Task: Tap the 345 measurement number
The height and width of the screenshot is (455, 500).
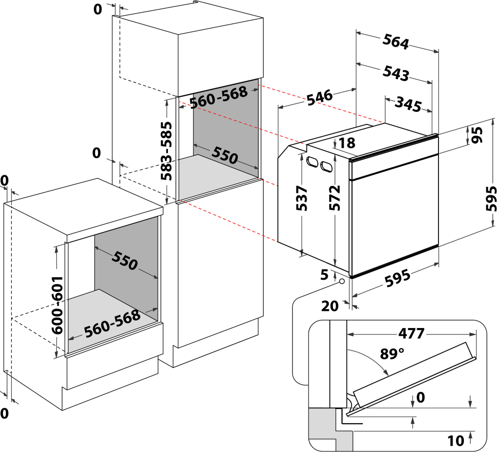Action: point(408,103)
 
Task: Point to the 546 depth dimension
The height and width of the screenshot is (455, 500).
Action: point(320,96)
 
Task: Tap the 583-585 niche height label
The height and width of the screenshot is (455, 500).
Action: point(167,151)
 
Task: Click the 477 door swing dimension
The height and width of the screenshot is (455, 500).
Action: point(411,334)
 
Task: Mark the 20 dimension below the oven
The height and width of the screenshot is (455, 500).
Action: point(331,306)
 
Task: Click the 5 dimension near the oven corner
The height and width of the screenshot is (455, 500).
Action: point(324,275)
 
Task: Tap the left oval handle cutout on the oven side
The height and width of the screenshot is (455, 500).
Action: point(312,163)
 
